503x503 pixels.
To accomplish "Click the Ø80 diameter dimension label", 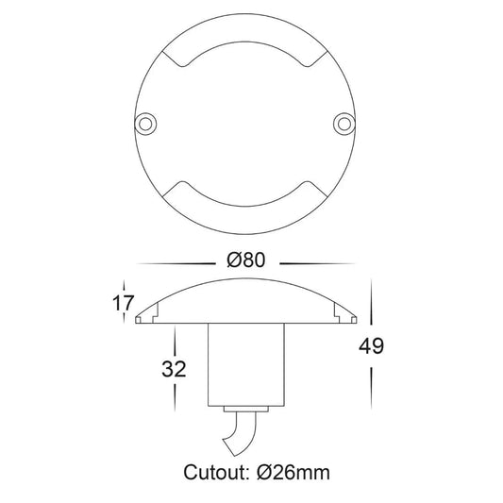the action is pos(246,260).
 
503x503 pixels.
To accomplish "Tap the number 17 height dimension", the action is pos(123,303).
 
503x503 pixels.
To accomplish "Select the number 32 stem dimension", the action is pos(174,369).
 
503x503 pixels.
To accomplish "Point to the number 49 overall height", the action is pos(371,346).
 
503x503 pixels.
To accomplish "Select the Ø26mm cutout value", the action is pos(293,472).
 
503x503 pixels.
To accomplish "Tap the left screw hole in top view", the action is pos(145,124).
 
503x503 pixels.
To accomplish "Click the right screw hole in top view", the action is pos(344,124).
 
